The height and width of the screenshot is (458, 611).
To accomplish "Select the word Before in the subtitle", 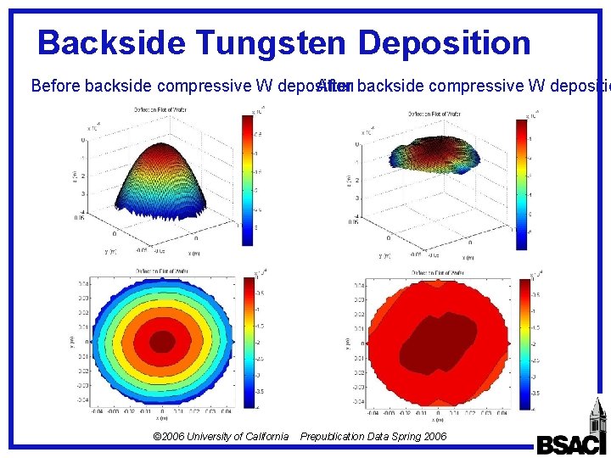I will [x=56, y=86].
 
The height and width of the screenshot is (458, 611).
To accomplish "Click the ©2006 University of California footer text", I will [x=221, y=437].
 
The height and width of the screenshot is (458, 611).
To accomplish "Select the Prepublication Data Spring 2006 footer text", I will [x=373, y=437].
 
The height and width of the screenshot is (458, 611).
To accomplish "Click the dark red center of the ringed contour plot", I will [x=162, y=341].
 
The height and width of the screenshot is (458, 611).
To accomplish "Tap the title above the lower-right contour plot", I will [x=438, y=272].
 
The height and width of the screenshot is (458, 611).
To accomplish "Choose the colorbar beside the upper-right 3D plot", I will [x=521, y=182].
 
